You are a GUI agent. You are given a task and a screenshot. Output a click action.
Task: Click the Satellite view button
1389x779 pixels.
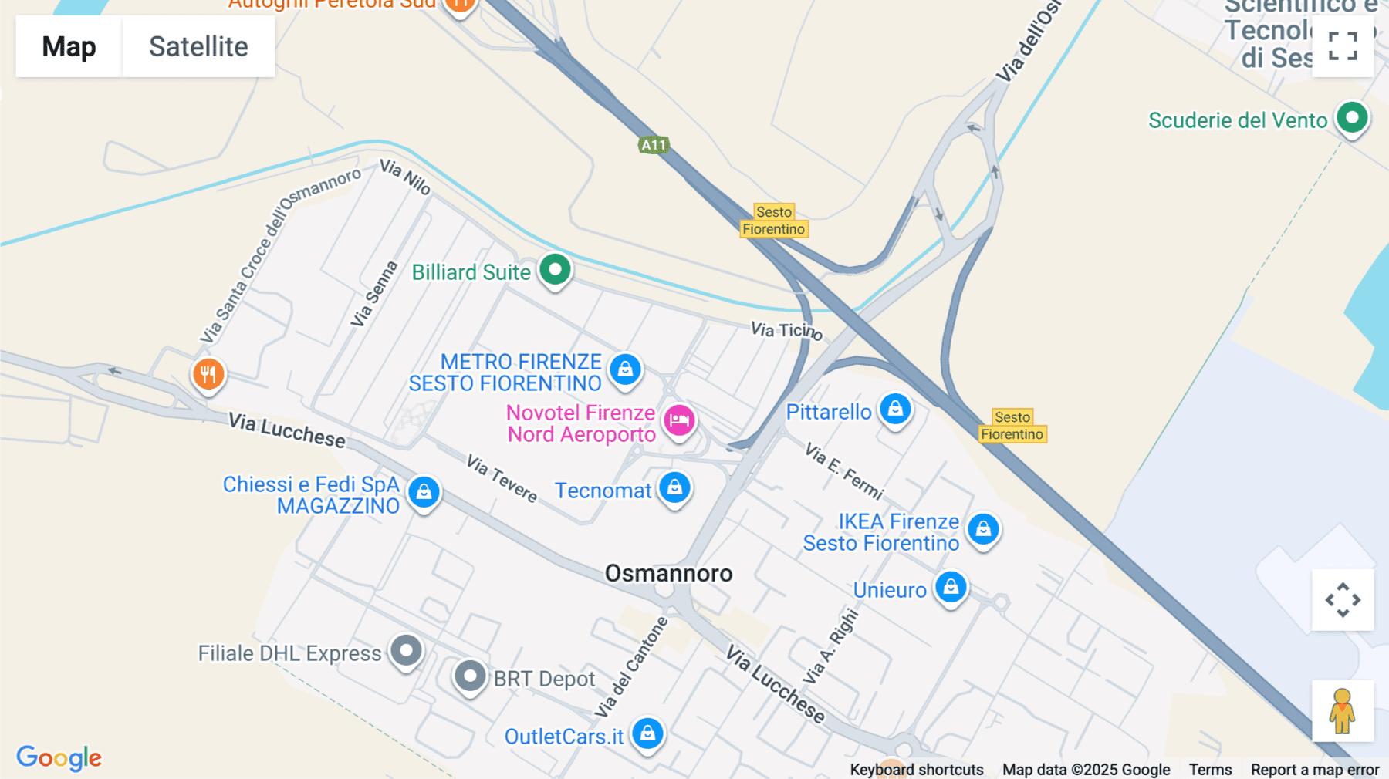[x=198, y=46]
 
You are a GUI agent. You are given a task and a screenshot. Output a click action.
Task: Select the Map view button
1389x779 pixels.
[x=69, y=46]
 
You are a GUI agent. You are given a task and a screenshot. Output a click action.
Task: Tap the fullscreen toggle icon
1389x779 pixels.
[x=1343, y=46]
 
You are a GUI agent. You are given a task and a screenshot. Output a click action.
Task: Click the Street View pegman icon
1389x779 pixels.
[x=1342, y=710]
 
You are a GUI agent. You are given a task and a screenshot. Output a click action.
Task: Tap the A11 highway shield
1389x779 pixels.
[x=653, y=144]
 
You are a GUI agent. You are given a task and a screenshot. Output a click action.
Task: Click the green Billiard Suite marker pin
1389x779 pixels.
[x=555, y=270]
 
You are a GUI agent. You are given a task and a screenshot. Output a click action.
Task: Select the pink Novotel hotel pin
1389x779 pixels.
[x=679, y=421]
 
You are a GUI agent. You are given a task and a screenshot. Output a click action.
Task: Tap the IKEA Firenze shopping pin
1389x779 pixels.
[x=983, y=530]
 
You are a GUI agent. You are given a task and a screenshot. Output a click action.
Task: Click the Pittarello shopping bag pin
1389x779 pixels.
[x=895, y=410]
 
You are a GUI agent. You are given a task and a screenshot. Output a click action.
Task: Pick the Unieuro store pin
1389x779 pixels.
[x=951, y=588]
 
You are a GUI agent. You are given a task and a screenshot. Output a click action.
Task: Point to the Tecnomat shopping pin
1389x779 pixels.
[x=674, y=488]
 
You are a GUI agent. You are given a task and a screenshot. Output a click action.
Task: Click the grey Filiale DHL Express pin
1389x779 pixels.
[x=406, y=651]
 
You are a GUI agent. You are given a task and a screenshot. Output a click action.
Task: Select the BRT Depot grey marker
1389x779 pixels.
[x=469, y=676]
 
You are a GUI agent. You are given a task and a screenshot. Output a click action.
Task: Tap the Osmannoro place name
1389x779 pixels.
[x=668, y=573]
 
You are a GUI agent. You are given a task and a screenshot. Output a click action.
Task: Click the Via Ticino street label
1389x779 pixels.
[x=786, y=331]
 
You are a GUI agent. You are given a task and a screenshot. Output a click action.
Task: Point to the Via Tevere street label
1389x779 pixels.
[x=502, y=478]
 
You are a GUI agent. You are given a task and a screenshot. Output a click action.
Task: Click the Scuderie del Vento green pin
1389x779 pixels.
[x=1352, y=119]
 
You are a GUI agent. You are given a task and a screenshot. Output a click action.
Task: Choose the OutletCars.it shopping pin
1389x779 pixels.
[x=647, y=733]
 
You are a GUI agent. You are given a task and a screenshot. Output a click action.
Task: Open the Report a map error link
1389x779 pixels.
[x=1314, y=770]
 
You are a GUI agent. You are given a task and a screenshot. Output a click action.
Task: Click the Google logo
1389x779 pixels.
[x=59, y=758]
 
